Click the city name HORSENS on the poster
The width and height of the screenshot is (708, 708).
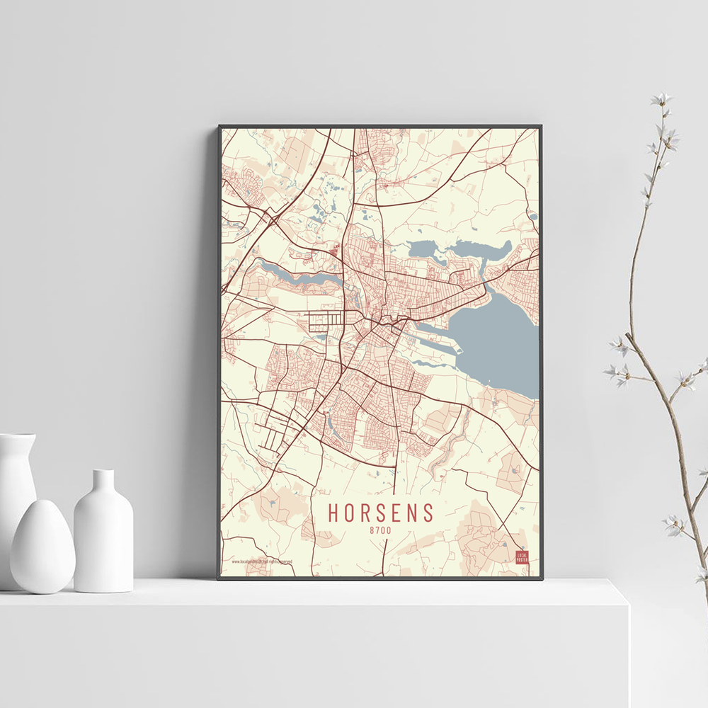coord(380,511)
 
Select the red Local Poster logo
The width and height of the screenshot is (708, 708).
coord(522,557)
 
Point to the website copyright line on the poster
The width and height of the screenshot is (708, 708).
coord(262,561)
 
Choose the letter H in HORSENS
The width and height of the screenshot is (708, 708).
coord(332,511)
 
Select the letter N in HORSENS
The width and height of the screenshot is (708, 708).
coord(413,511)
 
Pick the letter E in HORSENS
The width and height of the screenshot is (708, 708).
coord(397,511)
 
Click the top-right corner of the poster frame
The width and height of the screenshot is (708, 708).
coord(541,127)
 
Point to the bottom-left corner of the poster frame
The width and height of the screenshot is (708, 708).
coord(219,578)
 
